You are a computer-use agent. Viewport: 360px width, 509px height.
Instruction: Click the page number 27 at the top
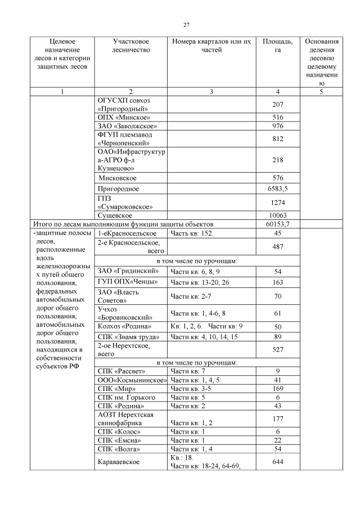point(186,24)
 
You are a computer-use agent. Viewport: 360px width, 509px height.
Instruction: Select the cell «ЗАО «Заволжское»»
point(127,126)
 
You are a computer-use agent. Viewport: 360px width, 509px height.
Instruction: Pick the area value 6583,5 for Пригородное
point(277,188)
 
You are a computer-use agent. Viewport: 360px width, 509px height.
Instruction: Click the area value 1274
point(277,202)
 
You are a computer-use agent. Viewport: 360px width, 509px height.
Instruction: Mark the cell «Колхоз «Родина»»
point(124,326)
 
